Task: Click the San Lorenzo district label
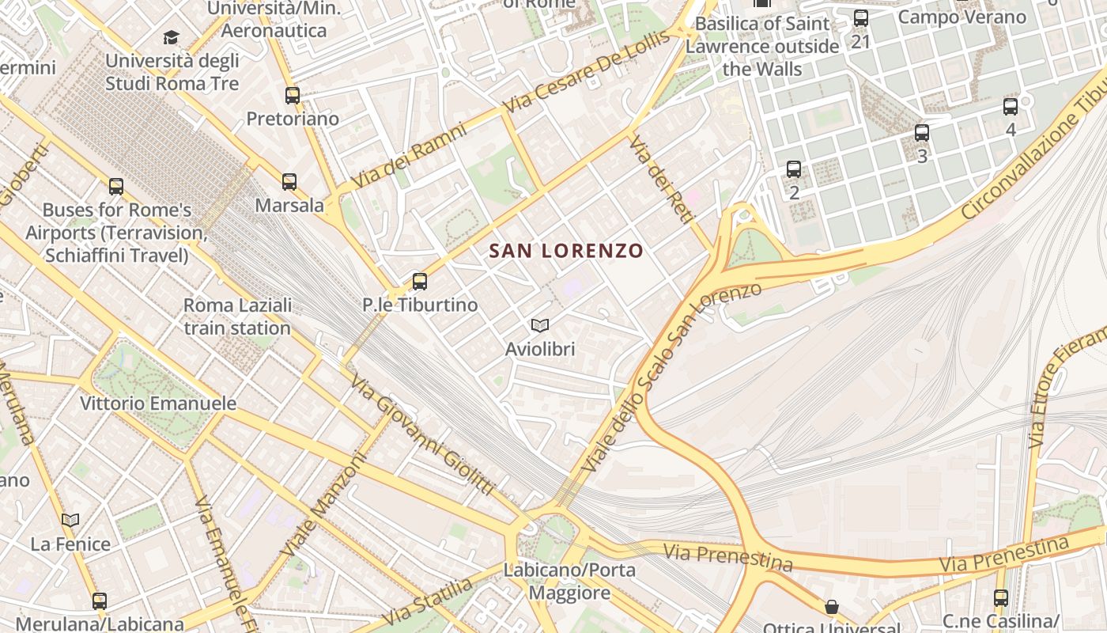click(565, 251)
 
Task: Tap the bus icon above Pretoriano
click(293, 96)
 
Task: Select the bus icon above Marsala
click(289, 182)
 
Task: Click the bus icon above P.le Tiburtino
click(420, 282)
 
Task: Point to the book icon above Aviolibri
click(540, 325)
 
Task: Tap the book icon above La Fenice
click(70, 520)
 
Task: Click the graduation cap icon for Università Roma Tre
click(172, 37)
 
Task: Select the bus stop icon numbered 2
click(794, 169)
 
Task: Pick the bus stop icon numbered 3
click(922, 133)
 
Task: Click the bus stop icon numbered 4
click(1011, 107)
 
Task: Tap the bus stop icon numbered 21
click(861, 18)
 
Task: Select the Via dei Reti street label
click(660, 179)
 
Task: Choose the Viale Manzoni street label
click(324, 504)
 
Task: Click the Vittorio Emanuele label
click(158, 404)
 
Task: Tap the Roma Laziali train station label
click(237, 316)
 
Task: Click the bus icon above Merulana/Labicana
click(99, 601)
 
